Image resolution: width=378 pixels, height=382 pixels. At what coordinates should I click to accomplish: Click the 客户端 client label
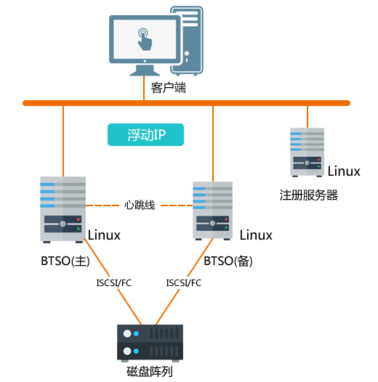[x=168, y=88]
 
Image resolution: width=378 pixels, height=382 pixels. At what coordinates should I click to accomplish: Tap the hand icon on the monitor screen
[x=145, y=39]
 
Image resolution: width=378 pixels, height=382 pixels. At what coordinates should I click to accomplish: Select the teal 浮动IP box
[x=145, y=135]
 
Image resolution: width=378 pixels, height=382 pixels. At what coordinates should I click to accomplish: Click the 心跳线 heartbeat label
[x=140, y=205]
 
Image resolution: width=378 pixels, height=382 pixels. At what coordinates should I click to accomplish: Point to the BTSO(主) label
[x=65, y=261]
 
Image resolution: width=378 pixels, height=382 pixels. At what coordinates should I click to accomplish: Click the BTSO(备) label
[x=228, y=261]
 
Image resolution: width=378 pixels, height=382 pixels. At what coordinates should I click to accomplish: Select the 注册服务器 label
[x=309, y=195]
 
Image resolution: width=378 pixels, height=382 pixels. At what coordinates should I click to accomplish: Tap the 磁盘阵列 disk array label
[x=150, y=372]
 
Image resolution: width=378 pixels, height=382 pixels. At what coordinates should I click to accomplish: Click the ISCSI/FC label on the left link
[x=114, y=283]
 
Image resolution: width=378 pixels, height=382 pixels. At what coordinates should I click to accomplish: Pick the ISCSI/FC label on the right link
[x=184, y=283]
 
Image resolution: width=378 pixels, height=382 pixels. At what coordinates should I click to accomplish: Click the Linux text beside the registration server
[x=344, y=171]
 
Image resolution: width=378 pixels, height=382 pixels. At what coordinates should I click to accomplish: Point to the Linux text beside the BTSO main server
[x=104, y=235]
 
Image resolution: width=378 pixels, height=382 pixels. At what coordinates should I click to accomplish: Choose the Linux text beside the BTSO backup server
[x=256, y=235]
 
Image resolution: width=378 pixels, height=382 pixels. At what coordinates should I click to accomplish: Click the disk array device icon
[x=150, y=343]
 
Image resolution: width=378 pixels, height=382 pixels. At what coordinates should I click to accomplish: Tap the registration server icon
[x=307, y=153]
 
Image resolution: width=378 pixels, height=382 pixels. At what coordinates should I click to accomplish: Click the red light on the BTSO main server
[x=79, y=219]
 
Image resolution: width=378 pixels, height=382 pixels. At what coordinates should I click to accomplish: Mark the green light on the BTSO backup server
[x=226, y=227]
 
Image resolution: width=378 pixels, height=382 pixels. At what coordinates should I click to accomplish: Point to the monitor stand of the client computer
[x=145, y=70]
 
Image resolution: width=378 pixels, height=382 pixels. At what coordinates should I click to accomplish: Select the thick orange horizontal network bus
[x=186, y=103]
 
